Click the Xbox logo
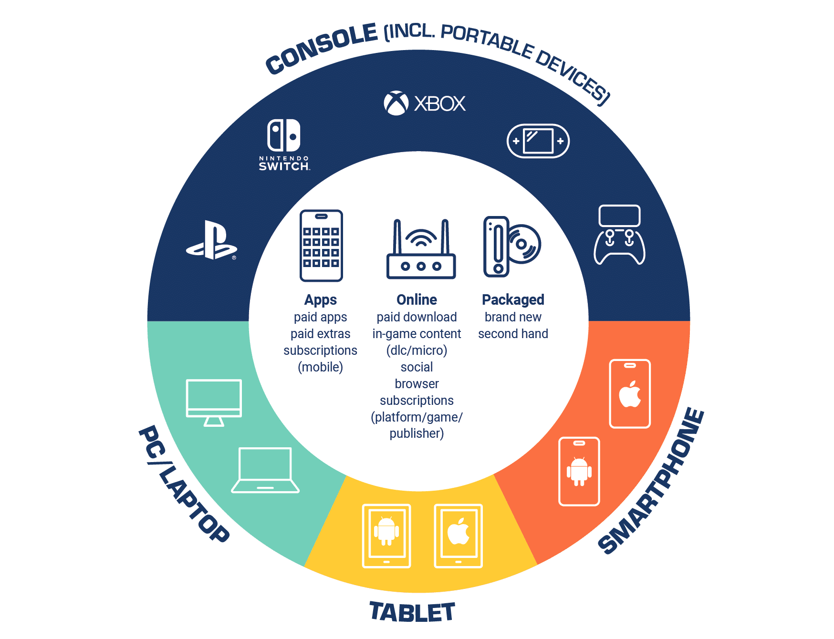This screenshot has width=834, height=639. pyautogui.click(x=425, y=103)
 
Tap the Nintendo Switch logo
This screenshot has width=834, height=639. pyautogui.click(x=284, y=145)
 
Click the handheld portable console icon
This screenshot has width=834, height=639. pyautogui.click(x=538, y=141)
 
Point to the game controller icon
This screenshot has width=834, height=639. pyautogui.click(x=619, y=235)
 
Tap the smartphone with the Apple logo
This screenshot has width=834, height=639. pyautogui.click(x=630, y=394)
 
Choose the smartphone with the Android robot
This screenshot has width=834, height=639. pyautogui.click(x=579, y=471)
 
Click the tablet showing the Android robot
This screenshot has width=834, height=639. pyautogui.click(x=386, y=536)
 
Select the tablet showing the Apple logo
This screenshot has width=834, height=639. pyautogui.click(x=459, y=536)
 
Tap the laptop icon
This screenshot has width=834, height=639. pyautogui.click(x=265, y=470)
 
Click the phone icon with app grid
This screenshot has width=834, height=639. pyautogui.click(x=321, y=246)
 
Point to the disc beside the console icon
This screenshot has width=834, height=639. pyautogui.click(x=524, y=244)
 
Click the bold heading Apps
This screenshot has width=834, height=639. pyautogui.click(x=321, y=299)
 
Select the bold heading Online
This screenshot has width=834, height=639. pyautogui.click(x=417, y=299)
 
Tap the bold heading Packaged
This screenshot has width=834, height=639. pyautogui.click(x=513, y=299)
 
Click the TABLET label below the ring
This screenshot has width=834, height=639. pyautogui.click(x=412, y=612)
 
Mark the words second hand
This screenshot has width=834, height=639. pyautogui.click(x=513, y=333)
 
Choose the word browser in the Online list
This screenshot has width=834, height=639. pyautogui.click(x=417, y=383)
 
